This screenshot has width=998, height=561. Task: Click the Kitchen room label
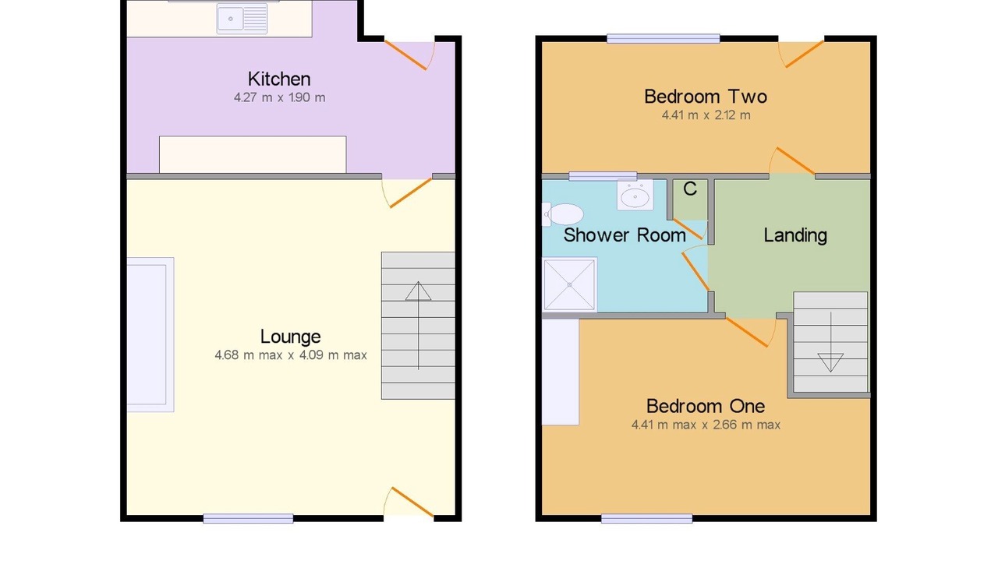click(x=279, y=79)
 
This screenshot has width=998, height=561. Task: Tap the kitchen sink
click(x=242, y=19)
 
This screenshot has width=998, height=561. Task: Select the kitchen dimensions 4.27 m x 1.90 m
click(x=279, y=97)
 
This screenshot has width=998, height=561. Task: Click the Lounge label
click(x=290, y=337)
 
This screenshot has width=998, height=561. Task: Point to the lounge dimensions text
click(x=291, y=355)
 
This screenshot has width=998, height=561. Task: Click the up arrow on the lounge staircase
click(x=418, y=326)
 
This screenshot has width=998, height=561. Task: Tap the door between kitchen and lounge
click(x=408, y=192)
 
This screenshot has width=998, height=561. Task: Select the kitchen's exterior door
click(x=409, y=55)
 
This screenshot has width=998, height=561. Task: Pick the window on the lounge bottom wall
click(x=248, y=518)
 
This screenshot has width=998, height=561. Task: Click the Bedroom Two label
click(x=706, y=97)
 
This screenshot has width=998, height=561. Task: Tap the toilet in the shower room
click(x=563, y=214)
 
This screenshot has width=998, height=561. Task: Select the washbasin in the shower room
click(x=635, y=195)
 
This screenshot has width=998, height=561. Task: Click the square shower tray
click(x=569, y=284)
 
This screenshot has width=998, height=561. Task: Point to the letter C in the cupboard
click(x=690, y=189)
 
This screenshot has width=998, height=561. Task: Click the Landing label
click(x=795, y=235)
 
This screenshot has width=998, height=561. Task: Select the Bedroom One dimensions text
click(x=706, y=425)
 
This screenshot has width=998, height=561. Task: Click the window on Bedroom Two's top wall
click(x=664, y=39)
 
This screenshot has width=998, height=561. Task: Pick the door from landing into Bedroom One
click(x=751, y=332)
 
